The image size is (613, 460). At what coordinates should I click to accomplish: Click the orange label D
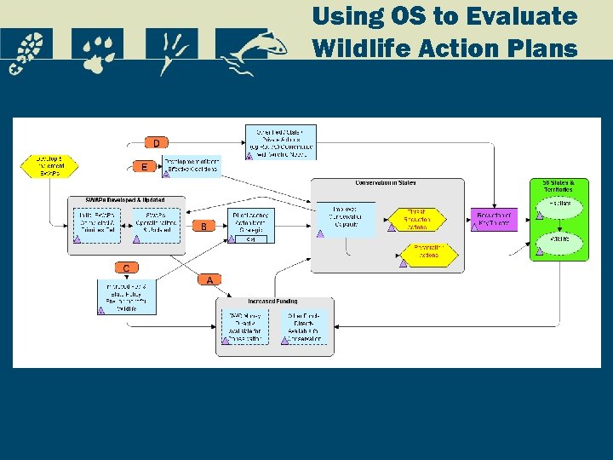[x=156, y=142]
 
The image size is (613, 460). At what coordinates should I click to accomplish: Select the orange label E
[x=144, y=167]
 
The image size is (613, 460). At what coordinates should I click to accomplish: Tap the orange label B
[x=204, y=227]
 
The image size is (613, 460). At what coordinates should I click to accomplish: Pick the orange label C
[x=126, y=268]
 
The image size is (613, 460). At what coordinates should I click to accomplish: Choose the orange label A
[x=209, y=279]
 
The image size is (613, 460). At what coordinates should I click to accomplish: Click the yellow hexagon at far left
[x=49, y=164]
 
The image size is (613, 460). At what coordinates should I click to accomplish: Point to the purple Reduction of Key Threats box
[x=496, y=220]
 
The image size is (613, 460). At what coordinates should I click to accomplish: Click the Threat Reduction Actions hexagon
[x=416, y=220]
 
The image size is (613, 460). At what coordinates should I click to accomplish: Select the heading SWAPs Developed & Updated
[x=124, y=200]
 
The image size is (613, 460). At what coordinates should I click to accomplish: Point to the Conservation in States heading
[x=386, y=183]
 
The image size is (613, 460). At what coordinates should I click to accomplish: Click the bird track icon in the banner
[x=171, y=50]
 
